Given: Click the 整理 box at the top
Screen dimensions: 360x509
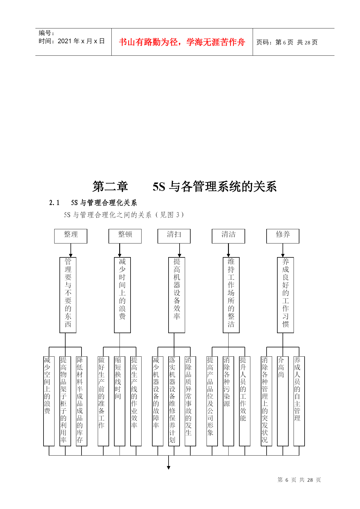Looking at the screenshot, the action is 71,236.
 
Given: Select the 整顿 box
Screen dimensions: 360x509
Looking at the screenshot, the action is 125,236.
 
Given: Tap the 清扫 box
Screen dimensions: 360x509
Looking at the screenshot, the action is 174,236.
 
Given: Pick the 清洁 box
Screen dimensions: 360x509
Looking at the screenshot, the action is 229,236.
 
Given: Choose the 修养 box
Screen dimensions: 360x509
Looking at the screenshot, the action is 283,236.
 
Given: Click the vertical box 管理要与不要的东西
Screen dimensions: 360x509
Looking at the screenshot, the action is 68,295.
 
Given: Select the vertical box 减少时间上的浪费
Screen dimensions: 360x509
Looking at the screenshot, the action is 122,295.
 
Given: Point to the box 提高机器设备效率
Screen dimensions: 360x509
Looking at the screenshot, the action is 177,295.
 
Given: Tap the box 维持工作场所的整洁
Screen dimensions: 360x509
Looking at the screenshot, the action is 231,295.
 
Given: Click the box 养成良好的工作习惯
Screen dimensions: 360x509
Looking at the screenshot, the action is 285,295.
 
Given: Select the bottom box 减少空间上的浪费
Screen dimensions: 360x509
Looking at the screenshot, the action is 49,401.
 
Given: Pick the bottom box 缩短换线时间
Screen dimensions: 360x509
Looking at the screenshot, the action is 120,401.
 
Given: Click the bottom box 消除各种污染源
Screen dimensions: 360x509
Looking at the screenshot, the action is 228,401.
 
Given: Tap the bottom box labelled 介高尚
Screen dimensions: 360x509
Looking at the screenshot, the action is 283,401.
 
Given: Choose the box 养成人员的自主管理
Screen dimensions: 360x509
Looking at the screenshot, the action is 299,401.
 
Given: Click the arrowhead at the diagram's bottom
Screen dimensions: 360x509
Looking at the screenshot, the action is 169,468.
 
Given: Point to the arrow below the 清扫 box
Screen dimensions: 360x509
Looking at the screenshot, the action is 180,250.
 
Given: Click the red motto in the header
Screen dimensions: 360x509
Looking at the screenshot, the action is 182,42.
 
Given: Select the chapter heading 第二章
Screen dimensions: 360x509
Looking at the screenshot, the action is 110,186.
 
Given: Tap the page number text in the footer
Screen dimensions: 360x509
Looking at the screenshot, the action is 299,480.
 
